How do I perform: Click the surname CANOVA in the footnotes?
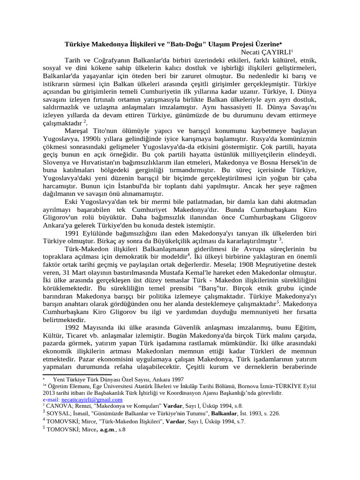click(58, 406)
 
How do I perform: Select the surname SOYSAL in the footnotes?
click(58, 414)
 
